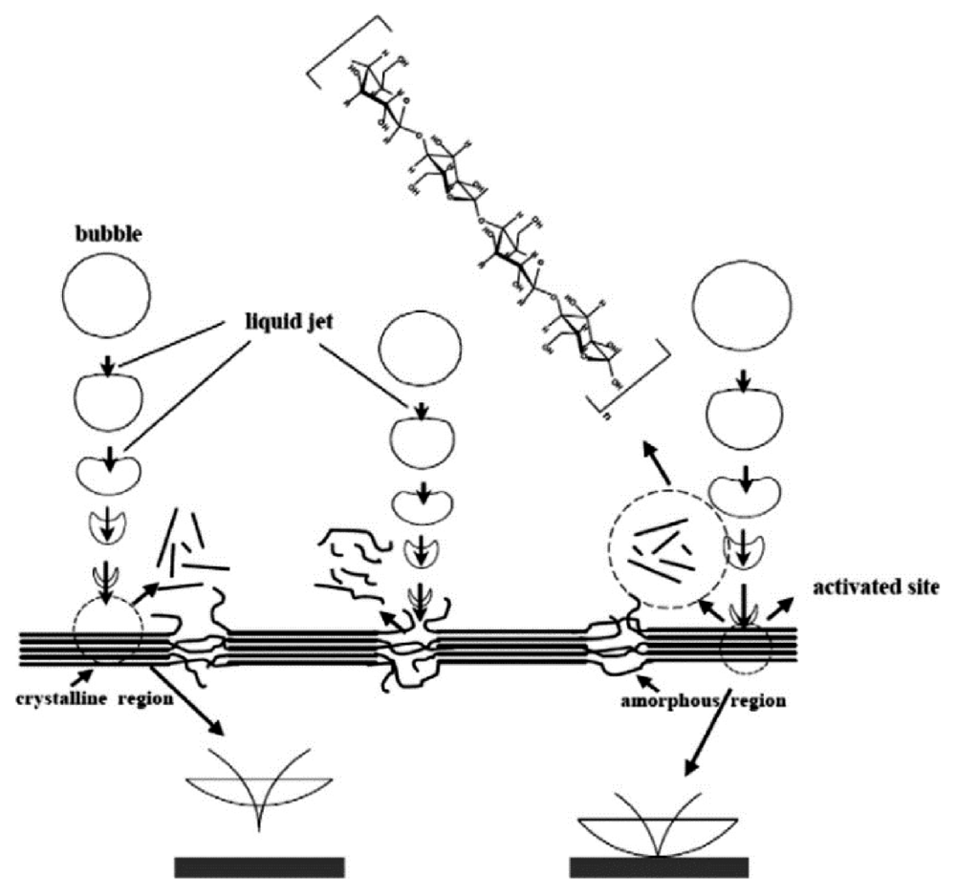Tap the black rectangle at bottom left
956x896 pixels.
259,866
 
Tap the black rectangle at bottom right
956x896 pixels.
659,866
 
